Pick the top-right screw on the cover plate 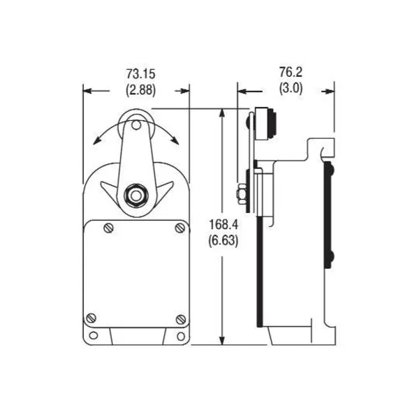179,228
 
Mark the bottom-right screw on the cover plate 180,318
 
